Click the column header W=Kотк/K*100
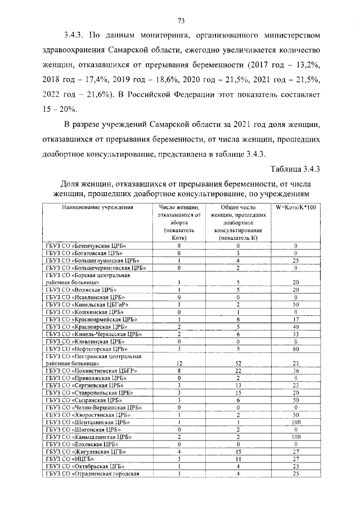(x=296, y=207)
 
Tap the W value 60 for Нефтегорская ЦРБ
(x=295, y=348)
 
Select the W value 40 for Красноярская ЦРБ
(x=295, y=326)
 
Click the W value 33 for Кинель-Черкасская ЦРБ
(x=295, y=333)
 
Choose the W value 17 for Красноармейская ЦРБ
(x=295, y=319)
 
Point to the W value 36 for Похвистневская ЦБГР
(x=295, y=371)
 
